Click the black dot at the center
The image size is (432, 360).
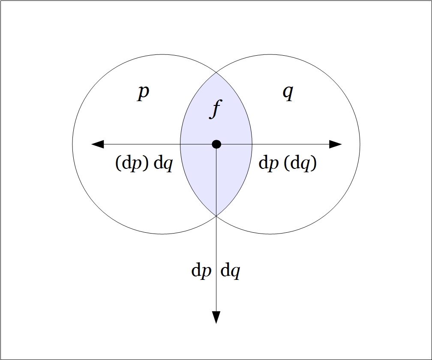[x=216, y=144]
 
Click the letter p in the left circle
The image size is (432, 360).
[x=144, y=93]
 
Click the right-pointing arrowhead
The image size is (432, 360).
[x=336, y=144]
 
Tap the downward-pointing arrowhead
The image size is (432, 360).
[x=216, y=317]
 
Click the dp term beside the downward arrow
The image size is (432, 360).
[x=201, y=271]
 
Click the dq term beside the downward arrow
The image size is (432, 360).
[x=230, y=271]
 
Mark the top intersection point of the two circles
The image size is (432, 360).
[x=216, y=73]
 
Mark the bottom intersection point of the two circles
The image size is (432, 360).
[x=216, y=216]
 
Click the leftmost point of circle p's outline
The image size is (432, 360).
[x=72, y=144]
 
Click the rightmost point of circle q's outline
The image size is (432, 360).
[x=360, y=144]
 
